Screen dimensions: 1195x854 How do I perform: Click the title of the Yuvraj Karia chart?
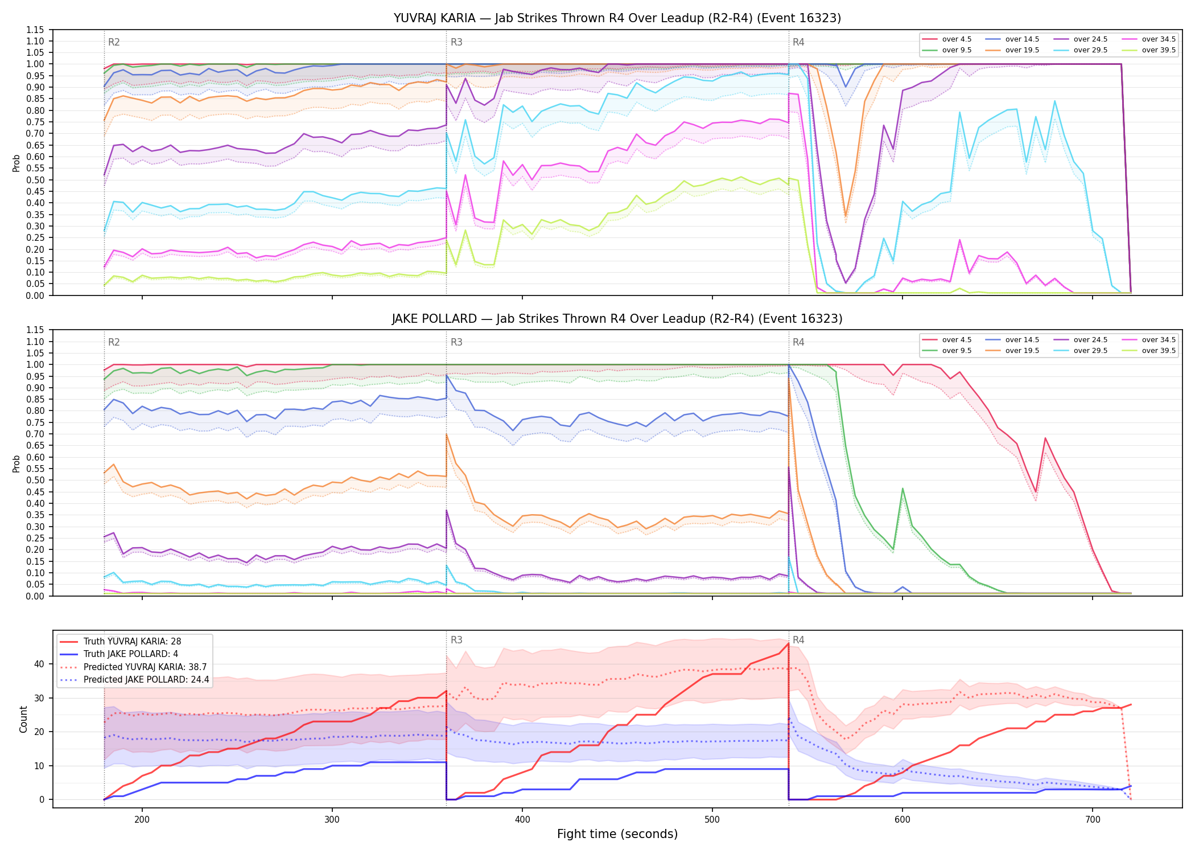tap(617, 18)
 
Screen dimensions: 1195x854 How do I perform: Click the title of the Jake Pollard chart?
tap(617, 319)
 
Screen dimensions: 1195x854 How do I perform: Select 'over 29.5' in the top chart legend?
tap(1090, 50)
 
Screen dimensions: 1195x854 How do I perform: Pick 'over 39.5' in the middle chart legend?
tap(1159, 351)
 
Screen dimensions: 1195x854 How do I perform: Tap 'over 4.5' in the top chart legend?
tap(957, 39)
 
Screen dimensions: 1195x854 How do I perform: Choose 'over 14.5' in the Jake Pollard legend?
tap(1022, 340)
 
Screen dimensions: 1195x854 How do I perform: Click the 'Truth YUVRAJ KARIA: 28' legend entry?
tap(132, 641)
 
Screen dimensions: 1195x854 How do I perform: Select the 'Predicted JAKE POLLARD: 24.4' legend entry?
tap(146, 679)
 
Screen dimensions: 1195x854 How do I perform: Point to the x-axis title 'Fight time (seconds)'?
tap(617, 834)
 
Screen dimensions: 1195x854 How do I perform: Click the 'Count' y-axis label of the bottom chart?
tap(23, 719)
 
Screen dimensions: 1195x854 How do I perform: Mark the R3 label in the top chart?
tap(456, 42)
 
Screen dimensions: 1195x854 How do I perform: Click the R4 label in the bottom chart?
tap(798, 640)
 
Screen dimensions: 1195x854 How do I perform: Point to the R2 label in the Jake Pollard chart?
tap(114, 342)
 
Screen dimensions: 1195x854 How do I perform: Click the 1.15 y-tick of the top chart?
tap(35, 30)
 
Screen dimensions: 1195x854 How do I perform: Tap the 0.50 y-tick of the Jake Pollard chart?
tap(35, 480)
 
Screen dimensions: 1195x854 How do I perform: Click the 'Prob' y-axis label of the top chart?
tap(16, 163)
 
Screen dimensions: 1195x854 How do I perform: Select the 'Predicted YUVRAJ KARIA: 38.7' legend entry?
tap(145, 667)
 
